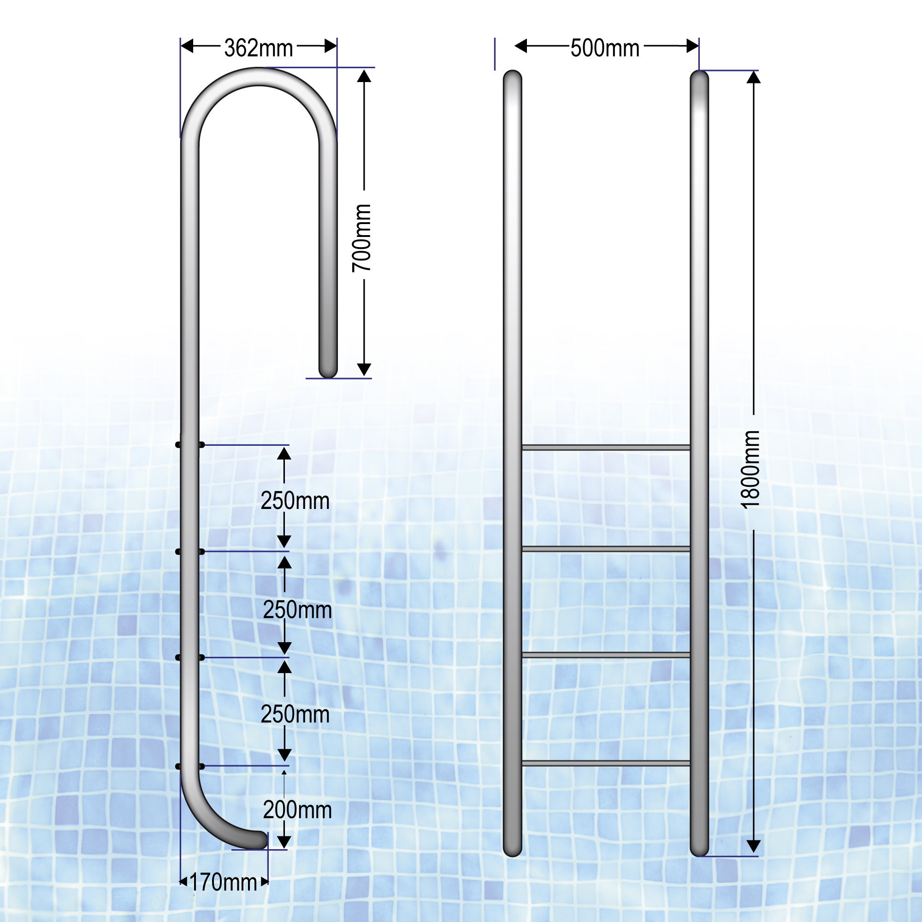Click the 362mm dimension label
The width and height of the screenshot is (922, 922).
(x=258, y=48)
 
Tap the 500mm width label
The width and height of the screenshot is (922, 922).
(x=605, y=48)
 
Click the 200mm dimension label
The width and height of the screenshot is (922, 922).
(x=297, y=810)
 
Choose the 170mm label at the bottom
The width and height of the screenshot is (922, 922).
(x=223, y=882)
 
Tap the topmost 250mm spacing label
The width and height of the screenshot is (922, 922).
(x=295, y=501)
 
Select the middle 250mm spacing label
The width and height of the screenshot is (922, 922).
(x=297, y=610)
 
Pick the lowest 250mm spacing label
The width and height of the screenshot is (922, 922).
(x=295, y=715)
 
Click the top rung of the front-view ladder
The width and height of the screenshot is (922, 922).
(x=606, y=447)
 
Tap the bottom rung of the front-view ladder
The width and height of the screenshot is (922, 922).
(x=606, y=763)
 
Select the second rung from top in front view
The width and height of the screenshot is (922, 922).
(x=606, y=549)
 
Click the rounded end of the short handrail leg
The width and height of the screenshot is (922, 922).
(x=328, y=370)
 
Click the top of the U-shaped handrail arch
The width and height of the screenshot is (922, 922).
(x=258, y=77)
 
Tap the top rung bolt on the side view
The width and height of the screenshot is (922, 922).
(x=190, y=445)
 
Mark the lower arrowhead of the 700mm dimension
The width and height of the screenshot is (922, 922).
(x=364, y=369)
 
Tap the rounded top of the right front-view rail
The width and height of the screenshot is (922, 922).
(x=699, y=78)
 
